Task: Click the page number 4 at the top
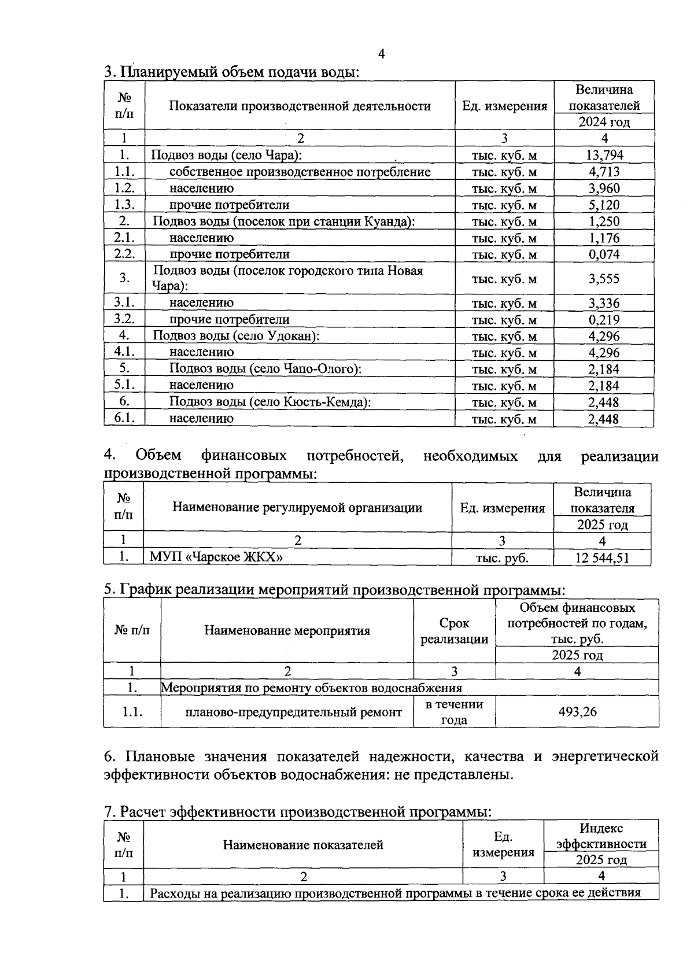(x=381, y=54)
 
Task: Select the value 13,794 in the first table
(x=604, y=155)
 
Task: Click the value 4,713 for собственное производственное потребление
(x=604, y=172)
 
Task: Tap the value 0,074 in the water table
(x=604, y=254)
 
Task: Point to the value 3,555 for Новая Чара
(x=604, y=279)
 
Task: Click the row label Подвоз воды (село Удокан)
(x=236, y=336)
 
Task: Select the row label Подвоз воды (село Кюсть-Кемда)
(x=270, y=402)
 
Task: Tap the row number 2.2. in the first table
(x=124, y=254)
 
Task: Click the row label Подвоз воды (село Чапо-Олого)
(x=265, y=369)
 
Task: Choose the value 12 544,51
(x=602, y=558)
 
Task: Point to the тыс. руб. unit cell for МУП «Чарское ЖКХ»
(x=502, y=558)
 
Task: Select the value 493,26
(x=577, y=711)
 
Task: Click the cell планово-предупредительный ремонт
(x=293, y=712)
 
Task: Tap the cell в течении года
(x=454, y=712)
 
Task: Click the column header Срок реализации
(x=454, y=631)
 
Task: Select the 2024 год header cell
(x=604, y=122)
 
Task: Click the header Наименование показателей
(x=303, y=845)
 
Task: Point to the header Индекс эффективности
(x=601, y=836)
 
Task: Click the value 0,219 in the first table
(x=604, y=320)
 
